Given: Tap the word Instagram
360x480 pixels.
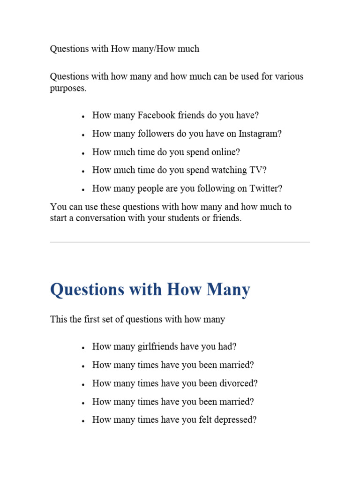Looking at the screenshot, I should pyautogui.click(x=260, y=134).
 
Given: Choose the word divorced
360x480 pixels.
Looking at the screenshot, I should pyautogui.click(x=239, y=383).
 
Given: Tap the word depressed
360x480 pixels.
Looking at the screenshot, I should pyautogui.click(x=236, y=420).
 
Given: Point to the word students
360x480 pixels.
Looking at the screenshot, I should pyautogui.click(x=198, y=218).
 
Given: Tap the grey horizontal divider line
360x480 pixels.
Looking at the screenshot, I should pyautogui.click(x=180, y=242).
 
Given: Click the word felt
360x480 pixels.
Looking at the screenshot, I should pyautogui.click(x=202, y=420).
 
